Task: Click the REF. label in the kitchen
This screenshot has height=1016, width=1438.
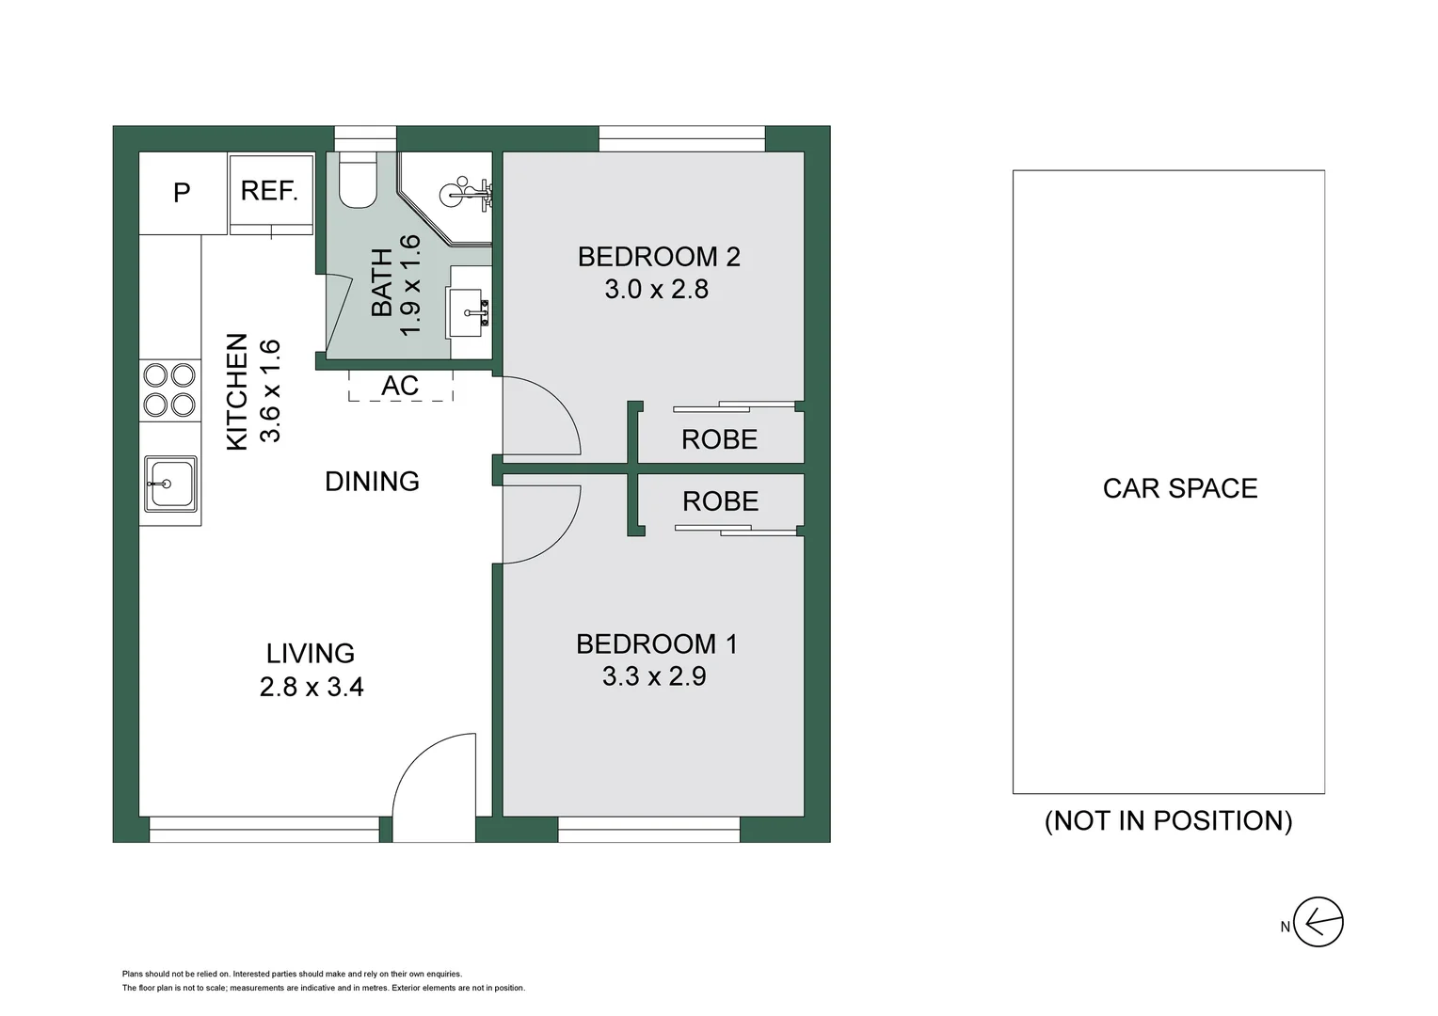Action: coord(269,191)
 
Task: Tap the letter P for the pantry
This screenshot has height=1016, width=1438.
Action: coord(182,193)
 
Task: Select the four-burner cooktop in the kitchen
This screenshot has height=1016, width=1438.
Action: coord(169,390)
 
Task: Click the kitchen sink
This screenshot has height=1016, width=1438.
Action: coord(170,484)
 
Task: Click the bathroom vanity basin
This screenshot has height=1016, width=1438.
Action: coord(467,312)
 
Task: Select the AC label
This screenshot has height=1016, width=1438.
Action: coord(400,386)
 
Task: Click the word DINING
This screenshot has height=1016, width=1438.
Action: coord(372,482)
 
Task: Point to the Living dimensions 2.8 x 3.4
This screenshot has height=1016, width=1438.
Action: coord(312,688)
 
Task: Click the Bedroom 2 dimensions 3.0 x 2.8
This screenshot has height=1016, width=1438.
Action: coord(656,290)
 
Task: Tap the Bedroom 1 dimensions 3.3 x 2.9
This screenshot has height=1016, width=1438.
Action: coord(654,676)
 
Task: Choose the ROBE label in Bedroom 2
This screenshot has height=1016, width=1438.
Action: coord(719,439)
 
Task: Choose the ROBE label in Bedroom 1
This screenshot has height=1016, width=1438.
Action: coord(720,501)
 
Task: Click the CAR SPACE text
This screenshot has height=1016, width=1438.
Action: coord(1180,488)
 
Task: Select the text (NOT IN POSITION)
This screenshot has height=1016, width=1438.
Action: coord(1169,821)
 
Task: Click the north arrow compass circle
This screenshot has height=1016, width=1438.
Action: coord(1318,922)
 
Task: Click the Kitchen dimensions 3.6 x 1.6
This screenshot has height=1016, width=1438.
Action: coord(270,390)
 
